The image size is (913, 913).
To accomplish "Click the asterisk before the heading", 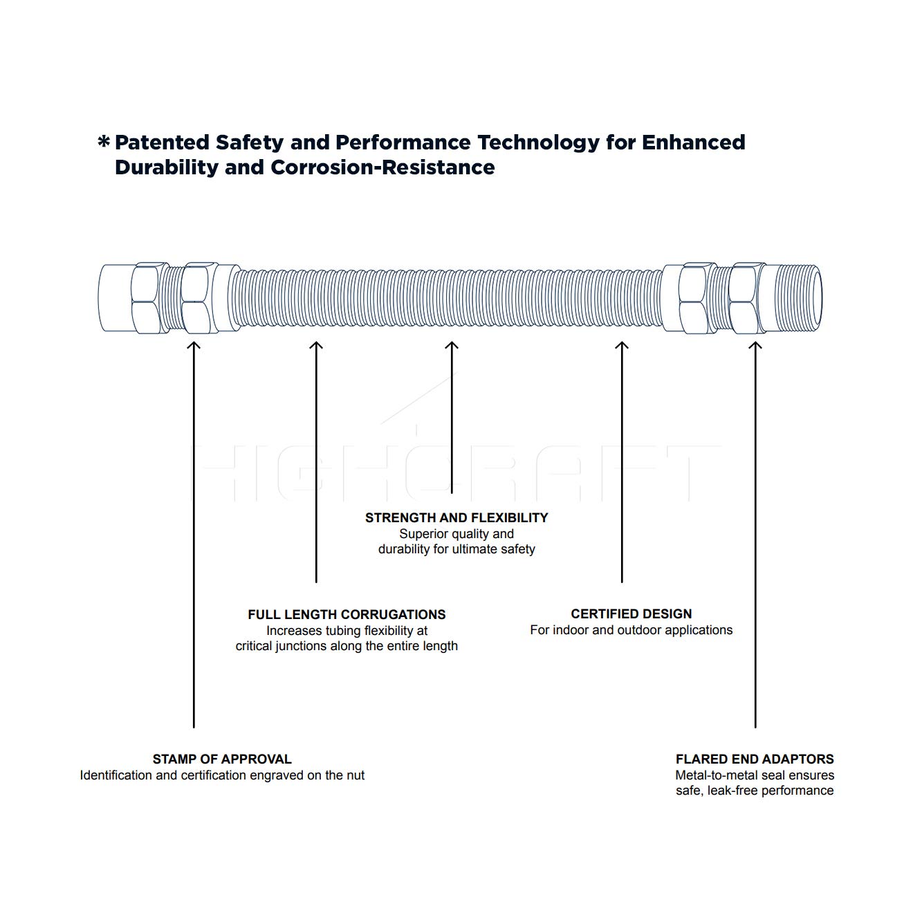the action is click(103, 141).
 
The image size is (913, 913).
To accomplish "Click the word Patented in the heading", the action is click(162, 142).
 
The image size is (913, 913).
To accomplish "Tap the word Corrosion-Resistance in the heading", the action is click(382, 167).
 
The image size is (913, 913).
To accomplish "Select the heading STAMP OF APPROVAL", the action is click(222, 759).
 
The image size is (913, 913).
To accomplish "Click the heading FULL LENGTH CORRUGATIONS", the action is click(347, 614).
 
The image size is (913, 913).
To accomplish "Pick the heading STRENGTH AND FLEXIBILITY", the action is click(456, 518).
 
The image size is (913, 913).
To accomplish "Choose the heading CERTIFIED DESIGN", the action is click(631, 614).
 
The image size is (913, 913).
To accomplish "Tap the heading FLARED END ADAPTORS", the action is click(755, 759).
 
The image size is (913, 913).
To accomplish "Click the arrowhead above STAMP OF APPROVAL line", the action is click(193, 344).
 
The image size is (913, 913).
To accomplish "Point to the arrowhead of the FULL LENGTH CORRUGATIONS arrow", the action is click(316, 344).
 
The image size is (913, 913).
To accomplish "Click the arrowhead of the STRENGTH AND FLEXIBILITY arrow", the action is click(452, 344).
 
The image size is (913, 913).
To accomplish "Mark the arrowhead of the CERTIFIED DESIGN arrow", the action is click(622, 344).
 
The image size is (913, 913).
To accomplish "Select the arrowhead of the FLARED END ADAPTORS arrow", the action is click(755, 344).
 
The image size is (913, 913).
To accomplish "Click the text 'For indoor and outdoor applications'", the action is click(631, 630).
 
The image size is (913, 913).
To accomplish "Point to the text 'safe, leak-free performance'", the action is click(755, 791).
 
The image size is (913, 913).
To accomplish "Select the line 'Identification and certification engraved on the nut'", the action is click(222, 775).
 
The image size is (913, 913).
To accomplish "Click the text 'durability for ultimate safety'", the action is click(456, 549).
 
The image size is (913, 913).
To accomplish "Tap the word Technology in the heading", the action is click(538, 143).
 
